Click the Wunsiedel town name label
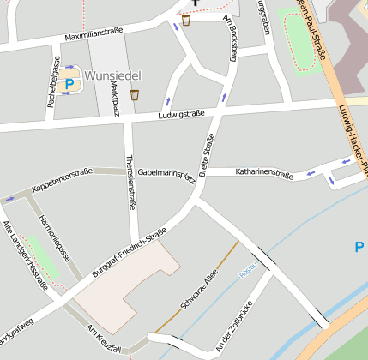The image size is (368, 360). tap(114, 75)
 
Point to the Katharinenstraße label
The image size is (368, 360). tap(264, 174)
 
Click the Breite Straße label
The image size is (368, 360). tap(207, 156)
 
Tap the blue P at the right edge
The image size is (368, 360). tap(359, 247)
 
